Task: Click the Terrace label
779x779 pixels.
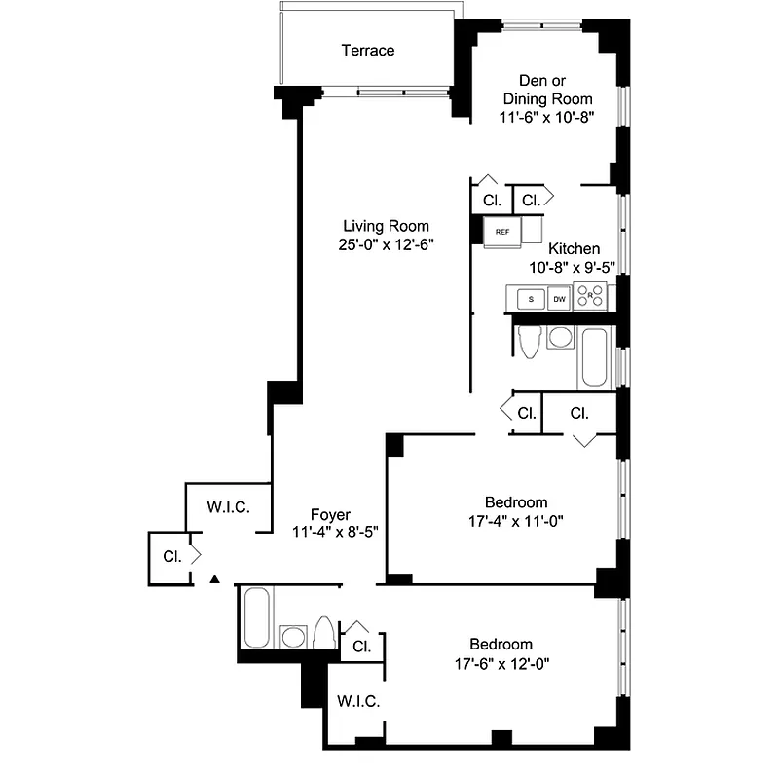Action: pyautogui.click(x=367, y=50)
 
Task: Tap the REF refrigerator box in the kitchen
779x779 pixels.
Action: pyautogui.click(x=502, y=232)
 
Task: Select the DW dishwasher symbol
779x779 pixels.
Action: pyautogui.click(x=559, y=299)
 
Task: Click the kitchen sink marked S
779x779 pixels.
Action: pyautogui.click(x=531, y=299)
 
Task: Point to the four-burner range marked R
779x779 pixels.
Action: pyautogui.click(x=589, y=296)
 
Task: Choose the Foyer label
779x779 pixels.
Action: pyautogui.click(x=330, y=514)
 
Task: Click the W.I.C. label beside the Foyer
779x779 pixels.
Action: pyautogui.click(x=229, y=507)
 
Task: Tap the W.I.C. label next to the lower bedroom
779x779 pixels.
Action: pyautogui.click(x=358, y=701)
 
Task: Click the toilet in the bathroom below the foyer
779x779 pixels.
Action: pyautogui.click(x=324, y=633)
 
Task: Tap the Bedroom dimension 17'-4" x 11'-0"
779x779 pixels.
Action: pyautogui.click(x=515, y=520)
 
